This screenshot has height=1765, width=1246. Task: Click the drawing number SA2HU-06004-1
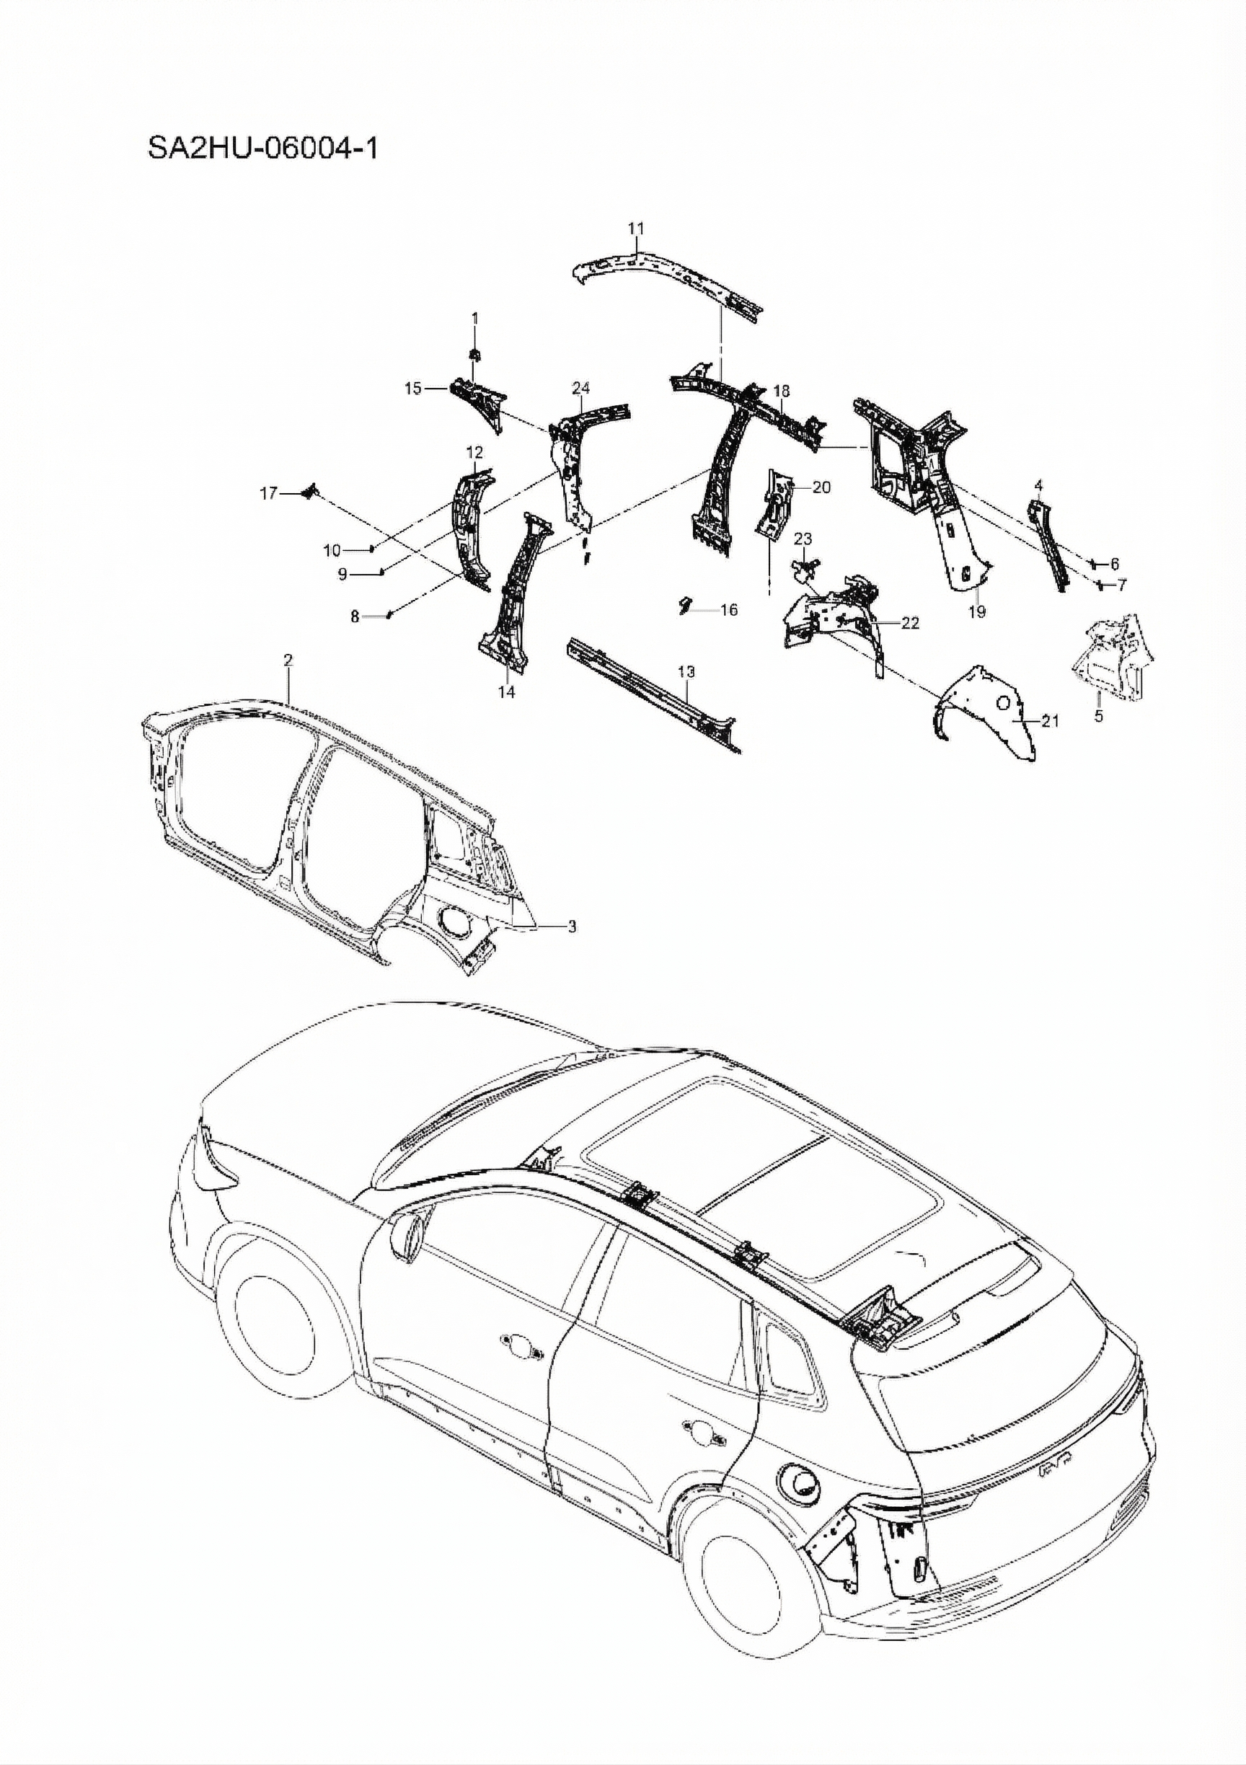tap(263, 148)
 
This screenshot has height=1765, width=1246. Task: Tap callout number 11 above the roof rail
tap(636, 229)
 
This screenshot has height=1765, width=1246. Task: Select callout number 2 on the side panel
tap(288, 660)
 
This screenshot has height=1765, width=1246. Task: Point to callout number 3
tap(571, 927)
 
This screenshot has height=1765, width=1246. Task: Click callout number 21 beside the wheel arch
tap(1050, 720)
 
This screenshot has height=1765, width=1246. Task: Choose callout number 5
tap(1099, 717)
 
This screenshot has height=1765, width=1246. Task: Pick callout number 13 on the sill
tap(686, 672)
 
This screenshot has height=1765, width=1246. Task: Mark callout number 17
tap(268, 494)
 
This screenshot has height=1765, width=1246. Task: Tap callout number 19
tap(977, 612)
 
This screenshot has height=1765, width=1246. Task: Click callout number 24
tap(580, 387)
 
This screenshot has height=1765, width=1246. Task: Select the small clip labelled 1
tap(475, 355)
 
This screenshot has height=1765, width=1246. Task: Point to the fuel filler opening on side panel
tap(452, 921)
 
